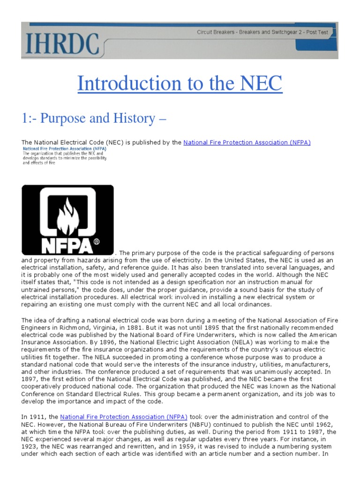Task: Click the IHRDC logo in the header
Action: pyautogui.click(x=60, y=43)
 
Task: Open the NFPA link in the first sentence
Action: pyautogui.click(x=247, y=142)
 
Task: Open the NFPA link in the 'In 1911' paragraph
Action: pyautogui.click(x=124, y=416)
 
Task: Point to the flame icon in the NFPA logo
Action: pyautogui.click(x=69, y=215)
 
